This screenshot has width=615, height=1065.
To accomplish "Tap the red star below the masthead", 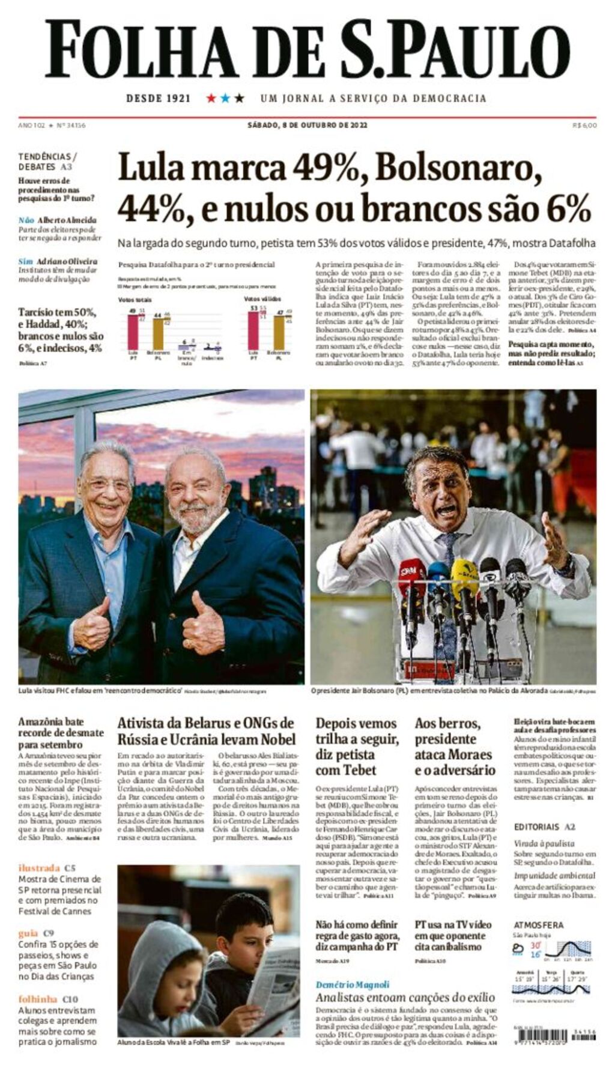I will (211, 98).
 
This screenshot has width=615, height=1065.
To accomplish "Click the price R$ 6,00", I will (584, 126).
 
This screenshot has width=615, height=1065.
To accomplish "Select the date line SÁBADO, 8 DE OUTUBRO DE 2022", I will (307, 126).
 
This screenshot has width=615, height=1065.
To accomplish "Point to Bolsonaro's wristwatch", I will (565, 565).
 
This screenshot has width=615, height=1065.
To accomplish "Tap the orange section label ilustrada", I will (39, 867).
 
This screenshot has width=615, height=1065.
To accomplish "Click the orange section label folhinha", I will (38, 999).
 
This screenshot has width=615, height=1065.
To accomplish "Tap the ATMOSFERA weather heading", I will (539, 925).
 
